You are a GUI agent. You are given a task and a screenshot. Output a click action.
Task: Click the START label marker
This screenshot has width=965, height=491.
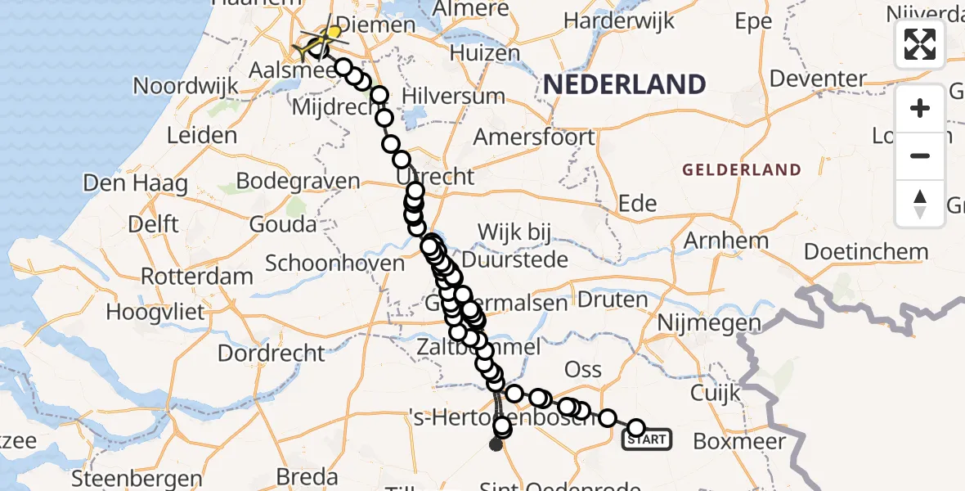coord(647,439)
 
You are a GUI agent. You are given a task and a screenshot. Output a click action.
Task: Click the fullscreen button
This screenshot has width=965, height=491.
coord(920,44)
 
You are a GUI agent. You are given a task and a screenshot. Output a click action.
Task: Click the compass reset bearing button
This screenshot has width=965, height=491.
coord(920,203)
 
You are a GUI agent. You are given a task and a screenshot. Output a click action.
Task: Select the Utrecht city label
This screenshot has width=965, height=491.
coord(434,177)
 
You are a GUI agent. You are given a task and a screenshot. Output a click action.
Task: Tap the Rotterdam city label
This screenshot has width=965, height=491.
coord(197,276)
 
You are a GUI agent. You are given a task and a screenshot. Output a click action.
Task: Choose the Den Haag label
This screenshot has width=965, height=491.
coord(135,182)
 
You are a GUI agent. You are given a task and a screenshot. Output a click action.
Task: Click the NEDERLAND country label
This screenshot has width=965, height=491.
coord(624,84)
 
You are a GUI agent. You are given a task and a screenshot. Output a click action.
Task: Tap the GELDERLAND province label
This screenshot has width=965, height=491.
coord(741,170)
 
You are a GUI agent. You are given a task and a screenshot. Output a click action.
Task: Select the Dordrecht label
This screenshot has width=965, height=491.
coord(272,354)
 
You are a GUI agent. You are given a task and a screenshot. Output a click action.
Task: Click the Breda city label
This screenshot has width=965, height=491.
coord(307,476)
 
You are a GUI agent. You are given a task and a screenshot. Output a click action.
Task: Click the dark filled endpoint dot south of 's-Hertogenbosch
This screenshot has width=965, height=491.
coord(496,445)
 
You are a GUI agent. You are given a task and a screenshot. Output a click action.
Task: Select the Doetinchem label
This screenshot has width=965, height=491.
coord(866,252)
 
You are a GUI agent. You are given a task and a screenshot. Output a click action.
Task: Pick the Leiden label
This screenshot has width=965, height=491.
coord(202,135)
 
